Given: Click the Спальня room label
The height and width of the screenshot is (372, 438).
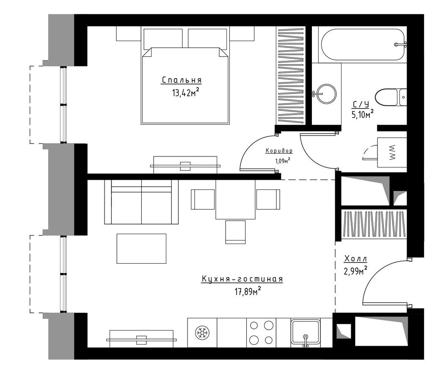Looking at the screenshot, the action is coord(182,80).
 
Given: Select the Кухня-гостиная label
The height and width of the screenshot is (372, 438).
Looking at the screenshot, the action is coord(242,279).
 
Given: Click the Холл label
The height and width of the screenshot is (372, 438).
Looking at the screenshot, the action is coord(355,259).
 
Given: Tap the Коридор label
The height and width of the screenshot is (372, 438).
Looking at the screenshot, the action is coord(279,150).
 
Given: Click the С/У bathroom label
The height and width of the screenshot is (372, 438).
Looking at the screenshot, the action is coord(361,104).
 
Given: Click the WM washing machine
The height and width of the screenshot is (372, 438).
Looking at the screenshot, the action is coord(392,152).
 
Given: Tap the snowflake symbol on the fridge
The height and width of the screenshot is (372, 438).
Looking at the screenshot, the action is coord(202,333).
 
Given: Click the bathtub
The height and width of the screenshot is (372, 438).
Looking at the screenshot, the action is coord(363,45).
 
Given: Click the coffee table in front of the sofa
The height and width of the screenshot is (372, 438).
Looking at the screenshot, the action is coord(141,249).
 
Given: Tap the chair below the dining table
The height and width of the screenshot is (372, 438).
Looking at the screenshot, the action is coord(235,232).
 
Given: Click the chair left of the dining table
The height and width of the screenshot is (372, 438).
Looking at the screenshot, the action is coord(203,199).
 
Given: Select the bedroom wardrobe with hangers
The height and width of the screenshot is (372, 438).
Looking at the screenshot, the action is coord(291,75).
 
